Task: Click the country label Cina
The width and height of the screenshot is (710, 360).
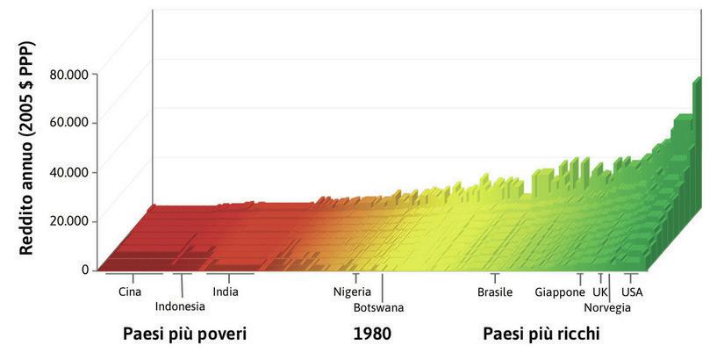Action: coord(129,292)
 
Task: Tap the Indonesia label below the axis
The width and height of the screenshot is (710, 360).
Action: coord(180,306)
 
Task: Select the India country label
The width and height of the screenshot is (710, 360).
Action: coord(226,292)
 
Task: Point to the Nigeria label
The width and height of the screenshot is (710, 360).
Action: coord(352,292)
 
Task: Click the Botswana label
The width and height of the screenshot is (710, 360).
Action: coord(378,307)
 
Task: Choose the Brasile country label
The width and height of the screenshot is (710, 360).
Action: coord(495,292)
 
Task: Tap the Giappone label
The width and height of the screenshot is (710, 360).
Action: coord(559,292)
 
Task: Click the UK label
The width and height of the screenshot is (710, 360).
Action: coord(600,292)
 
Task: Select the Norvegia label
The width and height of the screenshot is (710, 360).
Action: coord(606,307)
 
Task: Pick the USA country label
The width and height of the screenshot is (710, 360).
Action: coord(632,292)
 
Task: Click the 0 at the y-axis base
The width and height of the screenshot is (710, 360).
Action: coord(85,270)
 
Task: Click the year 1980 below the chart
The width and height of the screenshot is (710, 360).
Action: coord(371,335)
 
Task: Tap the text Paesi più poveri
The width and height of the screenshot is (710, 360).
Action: coord(184,335)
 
